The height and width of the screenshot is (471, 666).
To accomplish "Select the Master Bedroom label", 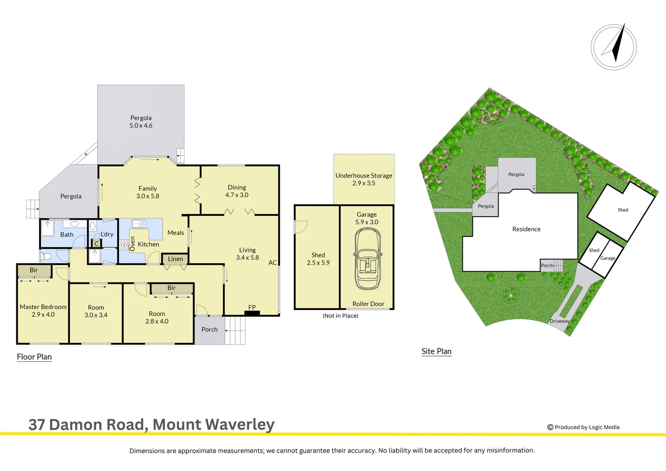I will (x=43, y=307).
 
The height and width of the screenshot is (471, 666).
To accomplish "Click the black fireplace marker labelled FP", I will (x=252, y=313).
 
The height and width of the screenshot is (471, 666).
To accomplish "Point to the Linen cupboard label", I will (x=175, y=259).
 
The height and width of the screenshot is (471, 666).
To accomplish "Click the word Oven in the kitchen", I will (x=133, y=243).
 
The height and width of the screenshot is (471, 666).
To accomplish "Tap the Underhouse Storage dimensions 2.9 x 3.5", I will (x=364, y=183).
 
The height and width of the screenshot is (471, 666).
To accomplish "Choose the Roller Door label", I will (x=368, y=304).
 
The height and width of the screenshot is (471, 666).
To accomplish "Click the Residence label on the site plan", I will (x=526, y=229).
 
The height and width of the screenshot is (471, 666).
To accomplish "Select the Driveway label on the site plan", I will (x=559, y=321).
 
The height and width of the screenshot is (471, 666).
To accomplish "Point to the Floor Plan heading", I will (x=34, y=357).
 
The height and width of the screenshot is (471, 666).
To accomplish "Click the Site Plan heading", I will (x=436, y=351).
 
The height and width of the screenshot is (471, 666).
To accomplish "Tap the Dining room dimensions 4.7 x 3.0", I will (x=237, y=195).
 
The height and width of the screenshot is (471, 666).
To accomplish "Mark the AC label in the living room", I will (x=272, y=263).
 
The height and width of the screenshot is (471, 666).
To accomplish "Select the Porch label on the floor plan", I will (x=209, y=330).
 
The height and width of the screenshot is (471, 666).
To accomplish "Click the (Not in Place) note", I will (x=340, y=316).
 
